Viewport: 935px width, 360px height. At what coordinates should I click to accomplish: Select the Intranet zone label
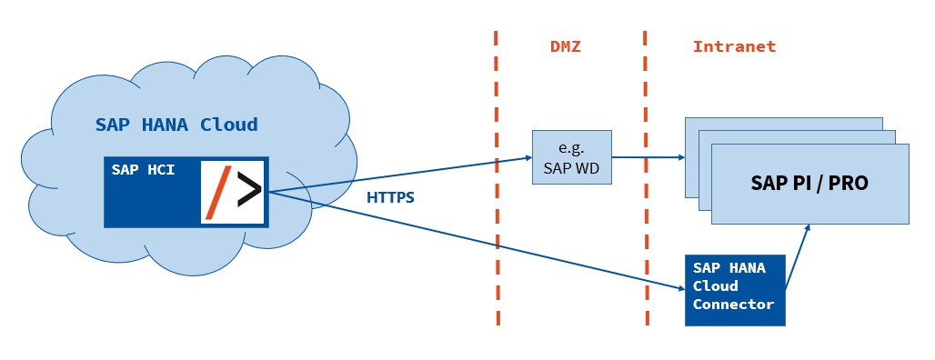(734, 45)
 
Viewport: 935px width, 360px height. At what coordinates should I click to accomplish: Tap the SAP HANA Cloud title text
(176, 125)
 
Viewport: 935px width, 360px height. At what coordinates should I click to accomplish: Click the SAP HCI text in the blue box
(143, 169)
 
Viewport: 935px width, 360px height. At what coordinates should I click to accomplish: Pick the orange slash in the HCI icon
(219, 192)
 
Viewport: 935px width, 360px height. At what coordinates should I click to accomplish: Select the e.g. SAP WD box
(572, 157)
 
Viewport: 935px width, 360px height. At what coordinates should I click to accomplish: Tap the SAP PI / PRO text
(809, 183)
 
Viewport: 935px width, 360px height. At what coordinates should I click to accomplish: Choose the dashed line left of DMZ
(497, 182)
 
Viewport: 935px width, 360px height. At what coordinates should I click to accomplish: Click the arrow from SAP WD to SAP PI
(648, 156)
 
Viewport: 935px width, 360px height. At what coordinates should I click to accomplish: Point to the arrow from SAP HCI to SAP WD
(400, 175)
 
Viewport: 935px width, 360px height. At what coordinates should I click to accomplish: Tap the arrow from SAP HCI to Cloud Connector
(473, 240)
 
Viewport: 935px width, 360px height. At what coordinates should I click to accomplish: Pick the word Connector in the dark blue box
(733, 305)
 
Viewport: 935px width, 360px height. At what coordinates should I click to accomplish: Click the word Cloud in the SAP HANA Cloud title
(228, 125)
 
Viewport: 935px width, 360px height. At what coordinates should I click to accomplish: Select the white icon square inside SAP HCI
(233, 191)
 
